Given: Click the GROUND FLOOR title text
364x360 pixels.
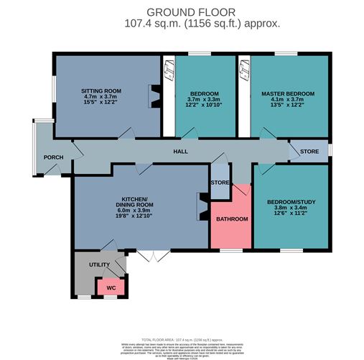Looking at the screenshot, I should [x=182, y=12].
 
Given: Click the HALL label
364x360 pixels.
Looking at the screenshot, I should [x=179, y=152].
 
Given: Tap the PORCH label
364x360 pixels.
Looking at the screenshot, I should [x=53, y=157].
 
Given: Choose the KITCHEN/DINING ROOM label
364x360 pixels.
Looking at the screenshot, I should [x=134, y=202].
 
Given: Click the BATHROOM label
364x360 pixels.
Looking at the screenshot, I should [x=231, y=219].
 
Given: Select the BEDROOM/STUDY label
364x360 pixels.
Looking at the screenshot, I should [x=286, y=202].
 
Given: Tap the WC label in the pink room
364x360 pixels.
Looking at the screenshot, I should [x=111, y=287].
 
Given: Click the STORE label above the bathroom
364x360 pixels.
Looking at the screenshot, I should [x=220, y=183].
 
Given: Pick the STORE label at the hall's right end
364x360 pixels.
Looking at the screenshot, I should [x=309, y=152].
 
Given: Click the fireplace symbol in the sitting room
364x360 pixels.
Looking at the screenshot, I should [x=154, y=95].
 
